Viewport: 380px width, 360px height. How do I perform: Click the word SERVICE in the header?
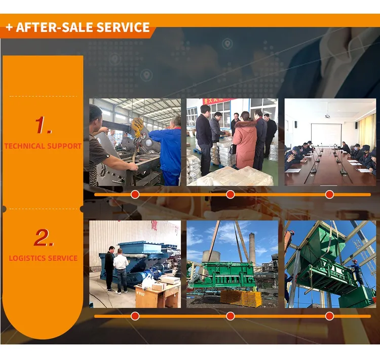point(123,27)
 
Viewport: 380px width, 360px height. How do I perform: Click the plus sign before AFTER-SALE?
point(9,27)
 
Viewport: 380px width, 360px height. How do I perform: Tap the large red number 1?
point(43,125)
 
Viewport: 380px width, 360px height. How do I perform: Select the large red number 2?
point(44,237)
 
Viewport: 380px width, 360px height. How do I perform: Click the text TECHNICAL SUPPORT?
point(43,146)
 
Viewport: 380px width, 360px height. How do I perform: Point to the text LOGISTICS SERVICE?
point(43,258)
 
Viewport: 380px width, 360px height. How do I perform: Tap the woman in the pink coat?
point(245,140)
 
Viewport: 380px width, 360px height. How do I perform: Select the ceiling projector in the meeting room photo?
point(327,116)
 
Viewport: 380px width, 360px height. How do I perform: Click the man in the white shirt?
point(121,270)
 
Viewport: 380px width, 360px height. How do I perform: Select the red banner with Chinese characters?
point(216,101)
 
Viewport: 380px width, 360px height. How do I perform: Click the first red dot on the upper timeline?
point(135,194)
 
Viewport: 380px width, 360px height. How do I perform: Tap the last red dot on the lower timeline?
point(329,316)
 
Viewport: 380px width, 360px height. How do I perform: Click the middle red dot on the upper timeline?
point(230,194)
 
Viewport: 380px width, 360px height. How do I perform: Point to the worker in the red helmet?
point(357,272)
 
